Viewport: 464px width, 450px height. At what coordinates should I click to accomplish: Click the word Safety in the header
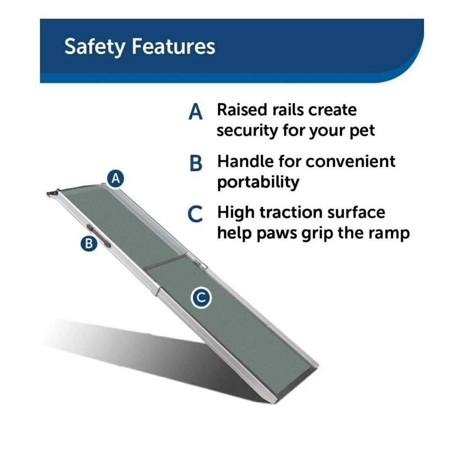click(95, 47)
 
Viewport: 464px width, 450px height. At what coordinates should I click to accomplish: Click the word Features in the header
click(173, 46)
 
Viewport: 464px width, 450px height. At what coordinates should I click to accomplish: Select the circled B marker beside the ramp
click(89, 243)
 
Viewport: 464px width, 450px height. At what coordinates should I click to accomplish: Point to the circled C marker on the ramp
click(201, 298)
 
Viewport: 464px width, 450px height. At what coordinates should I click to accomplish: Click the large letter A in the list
click(195, 112)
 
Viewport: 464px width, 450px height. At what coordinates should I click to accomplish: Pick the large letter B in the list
click(195, 163)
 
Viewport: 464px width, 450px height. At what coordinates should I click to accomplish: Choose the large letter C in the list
click(195, 215)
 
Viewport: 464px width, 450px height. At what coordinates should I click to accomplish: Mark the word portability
click(258, 182)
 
